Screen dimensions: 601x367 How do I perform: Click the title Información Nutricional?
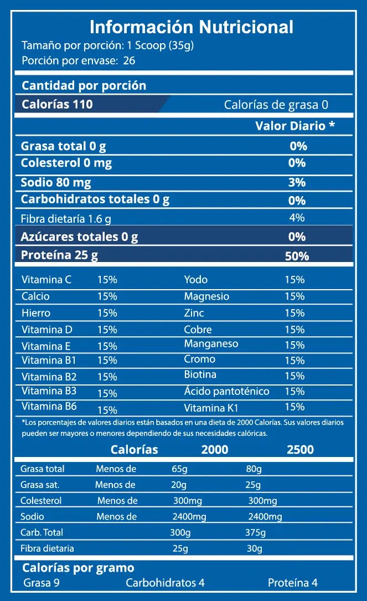(x=192, y=27)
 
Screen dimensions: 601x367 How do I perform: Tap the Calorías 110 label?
(x=57, y=104)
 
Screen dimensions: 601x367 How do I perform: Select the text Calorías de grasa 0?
(x=276, y=105)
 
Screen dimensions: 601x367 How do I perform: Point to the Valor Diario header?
(x=295, y=126)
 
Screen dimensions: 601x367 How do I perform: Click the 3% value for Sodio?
(x=297, y=182)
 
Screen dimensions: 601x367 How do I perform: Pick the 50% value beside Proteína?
(x=296, y=256)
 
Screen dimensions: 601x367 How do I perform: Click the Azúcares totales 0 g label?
(x=79, y=237)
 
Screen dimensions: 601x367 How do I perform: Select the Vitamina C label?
(x=46, y=280)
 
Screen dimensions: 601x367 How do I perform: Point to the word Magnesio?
(x=206, y=296)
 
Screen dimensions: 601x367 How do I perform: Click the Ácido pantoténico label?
(x=227, y=391)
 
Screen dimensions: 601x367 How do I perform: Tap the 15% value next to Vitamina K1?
(x=294, y=407)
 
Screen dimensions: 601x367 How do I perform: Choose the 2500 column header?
(x=300, y=449)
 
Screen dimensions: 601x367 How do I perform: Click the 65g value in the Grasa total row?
(x=180, y=469)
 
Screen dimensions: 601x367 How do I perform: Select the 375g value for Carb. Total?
(x=255, y=533)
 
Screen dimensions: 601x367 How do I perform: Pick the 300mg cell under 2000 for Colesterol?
(x=188, y=501)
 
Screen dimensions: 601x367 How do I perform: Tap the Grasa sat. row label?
(x=40, y=485)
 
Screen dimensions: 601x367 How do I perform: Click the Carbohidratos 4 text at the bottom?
(x=166, y=583)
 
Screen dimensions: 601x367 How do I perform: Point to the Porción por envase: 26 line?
(x=79, y=60)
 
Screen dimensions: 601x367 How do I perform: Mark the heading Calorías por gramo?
(x=78, y=568)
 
